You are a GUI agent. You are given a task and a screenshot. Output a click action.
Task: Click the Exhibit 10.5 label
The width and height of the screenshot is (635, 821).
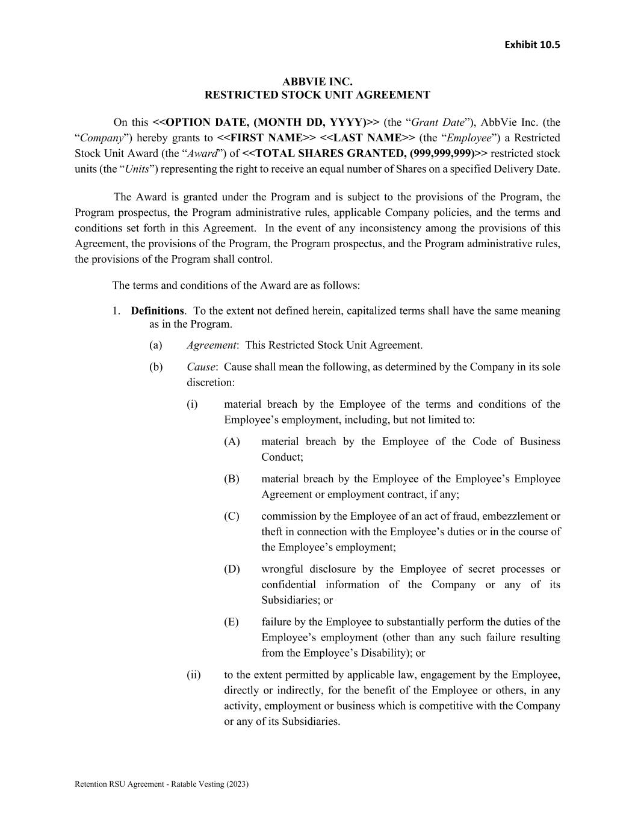[531, 45]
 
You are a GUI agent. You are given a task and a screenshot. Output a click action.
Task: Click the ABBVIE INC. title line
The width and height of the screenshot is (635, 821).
[317, 81]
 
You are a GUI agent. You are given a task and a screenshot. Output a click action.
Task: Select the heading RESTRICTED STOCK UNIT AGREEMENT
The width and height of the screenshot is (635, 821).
[317, 95]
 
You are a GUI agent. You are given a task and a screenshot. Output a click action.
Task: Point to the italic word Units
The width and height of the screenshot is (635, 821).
[137, 169]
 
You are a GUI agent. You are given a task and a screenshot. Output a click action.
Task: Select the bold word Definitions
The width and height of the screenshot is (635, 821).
[157, 311]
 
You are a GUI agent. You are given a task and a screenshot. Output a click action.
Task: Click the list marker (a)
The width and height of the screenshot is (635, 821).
[156, 345]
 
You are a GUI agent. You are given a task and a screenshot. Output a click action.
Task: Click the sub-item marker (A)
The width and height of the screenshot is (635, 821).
[232, 441]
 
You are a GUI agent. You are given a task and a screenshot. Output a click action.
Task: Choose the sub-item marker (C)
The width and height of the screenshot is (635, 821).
[232, 516]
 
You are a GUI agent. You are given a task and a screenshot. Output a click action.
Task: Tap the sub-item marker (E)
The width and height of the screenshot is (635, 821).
[232, 622]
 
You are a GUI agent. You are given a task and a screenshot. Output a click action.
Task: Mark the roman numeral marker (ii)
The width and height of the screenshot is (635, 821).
[193, 675]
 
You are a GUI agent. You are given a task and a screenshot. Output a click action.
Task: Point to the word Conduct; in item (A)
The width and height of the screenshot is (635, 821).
[282, 457]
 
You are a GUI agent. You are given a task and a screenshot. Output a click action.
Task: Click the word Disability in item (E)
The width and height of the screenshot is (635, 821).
[383, 653]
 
